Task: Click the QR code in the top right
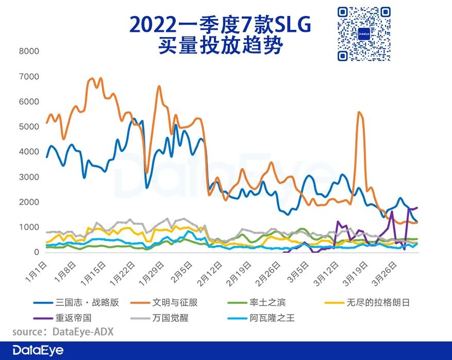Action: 364,33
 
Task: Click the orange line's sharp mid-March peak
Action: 359,112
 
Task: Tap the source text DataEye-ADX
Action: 82,332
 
